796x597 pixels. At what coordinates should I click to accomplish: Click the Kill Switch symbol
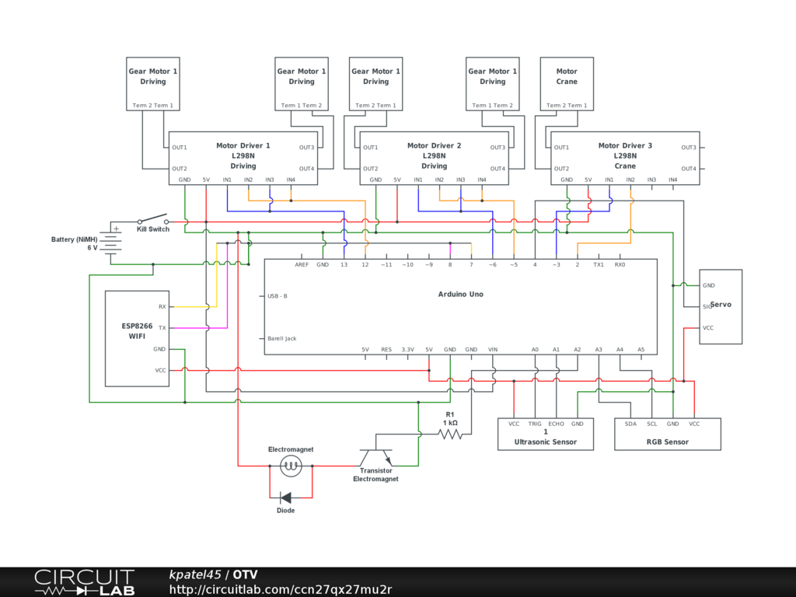pyautogui.click(x=153, y=219)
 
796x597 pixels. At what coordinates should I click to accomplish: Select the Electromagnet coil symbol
pyautogui.click(x=292, y=466)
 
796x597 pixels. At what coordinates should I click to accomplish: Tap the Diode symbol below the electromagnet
pyautogui.click(x=286, y=497)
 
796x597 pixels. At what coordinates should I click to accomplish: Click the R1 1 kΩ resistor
pyautogui.click(x=450, y=435)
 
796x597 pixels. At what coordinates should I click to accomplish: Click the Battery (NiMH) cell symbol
pyautogui.click(x=110, y=240)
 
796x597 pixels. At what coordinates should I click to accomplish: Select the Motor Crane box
pyautogui.click(x=567, y=83)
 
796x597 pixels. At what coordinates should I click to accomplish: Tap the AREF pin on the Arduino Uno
pyautogui.click(x=302, y=265)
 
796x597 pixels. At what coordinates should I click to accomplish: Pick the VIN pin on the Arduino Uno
pyautogui.click(x=492, y=349)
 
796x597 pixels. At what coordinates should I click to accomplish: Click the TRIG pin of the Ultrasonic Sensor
pyautogui.click(x=535, y=424)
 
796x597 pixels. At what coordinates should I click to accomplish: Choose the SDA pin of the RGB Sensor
pyautogui.click(x=630, y=424)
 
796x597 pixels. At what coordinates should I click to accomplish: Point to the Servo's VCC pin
pyautogui.click(x=708, y=328)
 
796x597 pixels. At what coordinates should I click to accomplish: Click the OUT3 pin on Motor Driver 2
pyautogui.click(x=497, y=148)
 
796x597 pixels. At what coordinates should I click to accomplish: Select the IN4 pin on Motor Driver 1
pyautogui.click(x=291, y=180)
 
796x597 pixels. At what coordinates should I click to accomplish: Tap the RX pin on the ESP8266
pyautogui.click(x=162, y=306)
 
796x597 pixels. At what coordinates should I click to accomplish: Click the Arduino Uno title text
pyautogui.click(x=460, y=294)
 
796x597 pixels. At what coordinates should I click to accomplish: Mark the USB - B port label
pyautogui.click(x=278, y=296)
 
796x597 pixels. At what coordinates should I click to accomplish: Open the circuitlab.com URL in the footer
pyautogui.click(x=281, y=589)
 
